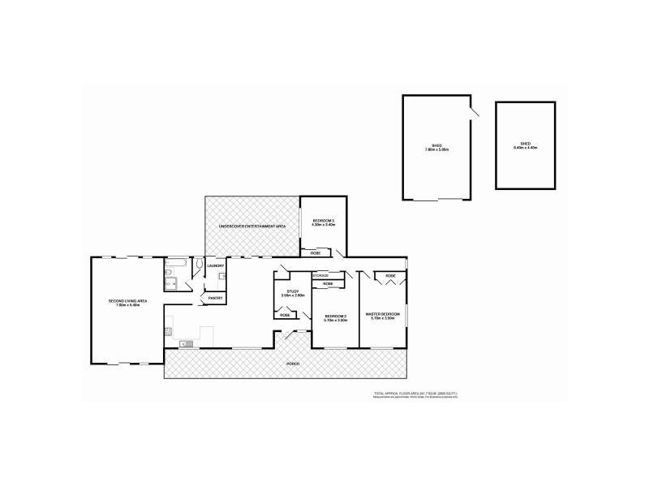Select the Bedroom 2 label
(x=336, y=318)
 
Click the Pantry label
(x=215, y=298)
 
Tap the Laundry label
(x=215, y=266)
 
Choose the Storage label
(x=320, y=276)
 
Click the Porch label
(x=292, y=364)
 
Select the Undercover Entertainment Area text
(x=252, y=226)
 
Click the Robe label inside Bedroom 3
(x=316, y=253)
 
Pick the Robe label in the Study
(x=285, y=314)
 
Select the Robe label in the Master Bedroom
(x=390, y=276)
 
